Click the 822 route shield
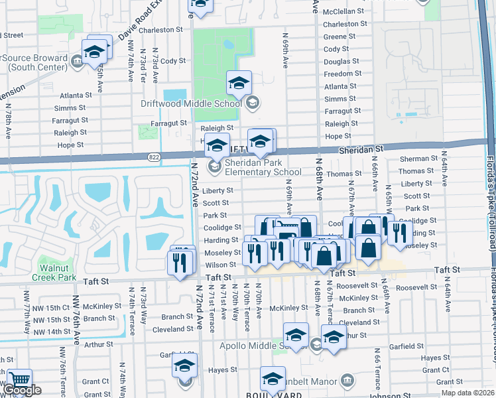pos(155,157)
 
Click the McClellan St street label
pos(343,11)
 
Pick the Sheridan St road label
pos(361,151)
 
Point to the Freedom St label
pos(342,74)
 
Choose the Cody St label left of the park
pos(172,60)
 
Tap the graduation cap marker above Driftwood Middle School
pos(239,83)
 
